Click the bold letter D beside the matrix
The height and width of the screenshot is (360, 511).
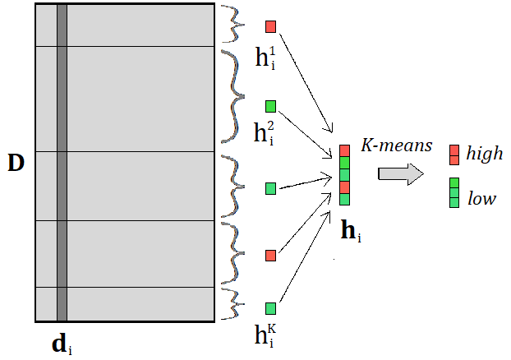pos(16,163)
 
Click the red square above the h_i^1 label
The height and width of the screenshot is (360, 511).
pos(271,26)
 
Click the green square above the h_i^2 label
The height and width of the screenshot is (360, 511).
pos(271,106)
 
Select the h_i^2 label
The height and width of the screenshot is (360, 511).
pos(265,133)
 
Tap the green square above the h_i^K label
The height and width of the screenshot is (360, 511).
pos(271,308)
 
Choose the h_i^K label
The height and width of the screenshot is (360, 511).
pos(265,336)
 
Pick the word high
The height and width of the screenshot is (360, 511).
pos(484,154)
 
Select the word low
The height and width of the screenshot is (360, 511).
pos(481,198)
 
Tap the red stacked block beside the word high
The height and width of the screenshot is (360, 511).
pos(453,154)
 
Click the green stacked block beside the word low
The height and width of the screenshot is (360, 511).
pos(453,192)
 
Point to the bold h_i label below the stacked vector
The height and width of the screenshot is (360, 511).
pos(350,232)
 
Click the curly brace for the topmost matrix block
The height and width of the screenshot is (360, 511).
pos(232,25)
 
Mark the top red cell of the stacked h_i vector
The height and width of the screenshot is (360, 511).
pos(345,151)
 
